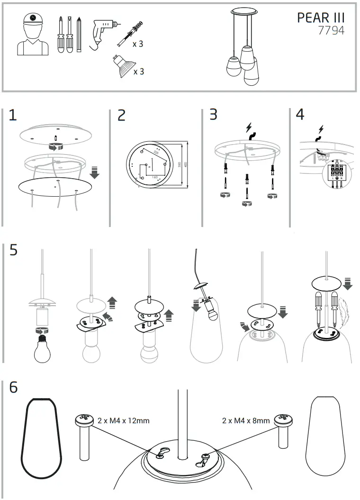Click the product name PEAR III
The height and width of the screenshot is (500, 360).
(321, 18)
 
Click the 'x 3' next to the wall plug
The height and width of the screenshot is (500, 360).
(138, 44)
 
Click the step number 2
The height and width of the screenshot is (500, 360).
(122, 116)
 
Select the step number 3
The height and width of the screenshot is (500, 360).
(214, 115)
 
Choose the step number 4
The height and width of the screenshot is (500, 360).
(300, 115)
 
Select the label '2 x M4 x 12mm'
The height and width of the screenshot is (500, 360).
(123, 420)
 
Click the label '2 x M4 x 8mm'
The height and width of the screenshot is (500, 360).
(246, 420)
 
